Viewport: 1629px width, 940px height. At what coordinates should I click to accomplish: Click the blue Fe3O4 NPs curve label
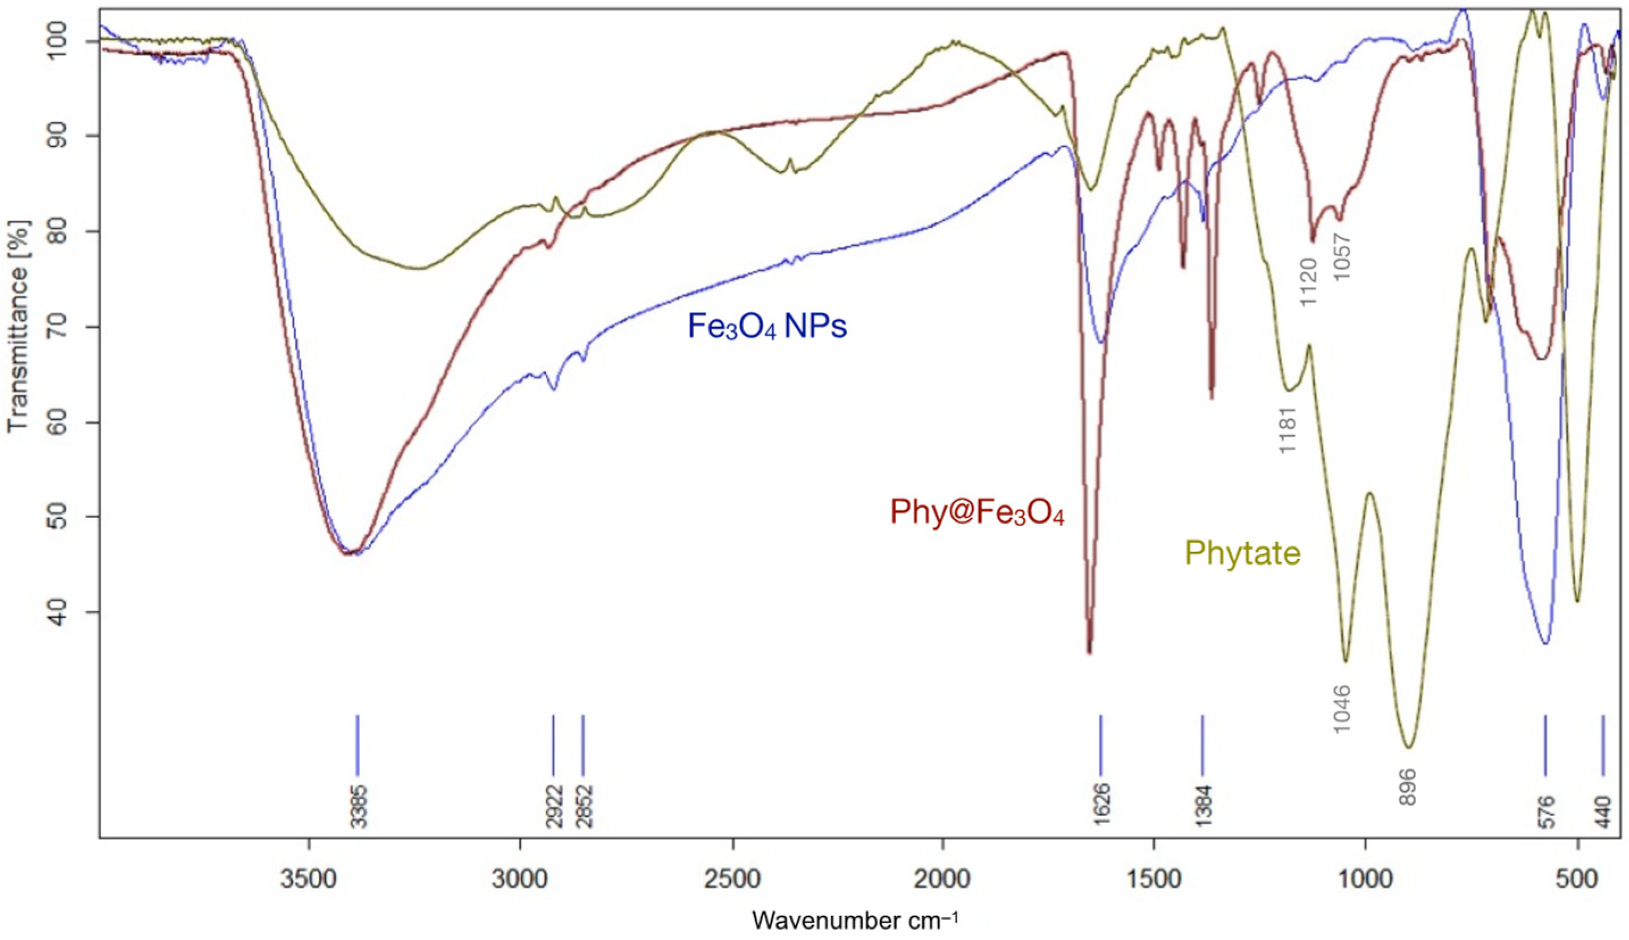tap(767, 327)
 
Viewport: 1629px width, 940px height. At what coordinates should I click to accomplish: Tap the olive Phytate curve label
tap(1242, 553)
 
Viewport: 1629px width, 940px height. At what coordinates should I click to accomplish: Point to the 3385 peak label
tap(359, 806)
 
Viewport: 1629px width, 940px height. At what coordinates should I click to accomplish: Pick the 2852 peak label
tap(585, 806)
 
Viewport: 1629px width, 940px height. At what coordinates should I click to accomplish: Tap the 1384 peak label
tap(1203, 806)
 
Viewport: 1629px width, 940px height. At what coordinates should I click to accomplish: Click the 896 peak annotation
tap(1408, 786)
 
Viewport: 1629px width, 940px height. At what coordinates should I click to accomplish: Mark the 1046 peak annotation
tap(1342, 709)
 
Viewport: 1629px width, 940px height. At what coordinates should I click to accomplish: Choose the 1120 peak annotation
tap(1308, 283)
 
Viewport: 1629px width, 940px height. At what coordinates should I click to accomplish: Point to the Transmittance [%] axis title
tap(19, 326)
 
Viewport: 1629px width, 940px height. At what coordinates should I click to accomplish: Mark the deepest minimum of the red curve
tap(1089, 652)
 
